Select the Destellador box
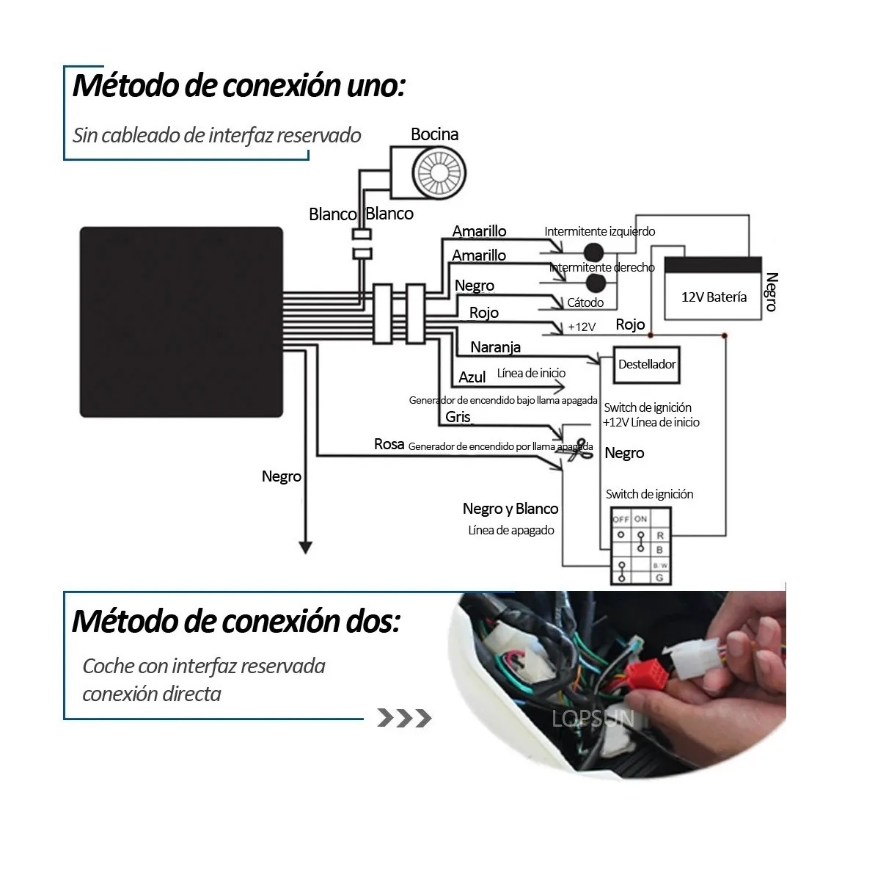[646, 365]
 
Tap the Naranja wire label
[495, 347]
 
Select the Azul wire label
[472, 377]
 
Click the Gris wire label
[458, 417]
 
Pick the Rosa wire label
[389, 444]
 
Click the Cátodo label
[585, 302]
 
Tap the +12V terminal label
[582, 327]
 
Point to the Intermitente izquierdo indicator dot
[593, 252]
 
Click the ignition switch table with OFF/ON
[640, 545]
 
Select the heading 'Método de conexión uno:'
[238, 85]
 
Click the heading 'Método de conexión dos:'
[236, 621]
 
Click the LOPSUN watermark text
[593, 718]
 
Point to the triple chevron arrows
[403, 718]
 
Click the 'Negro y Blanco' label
[510, 509]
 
